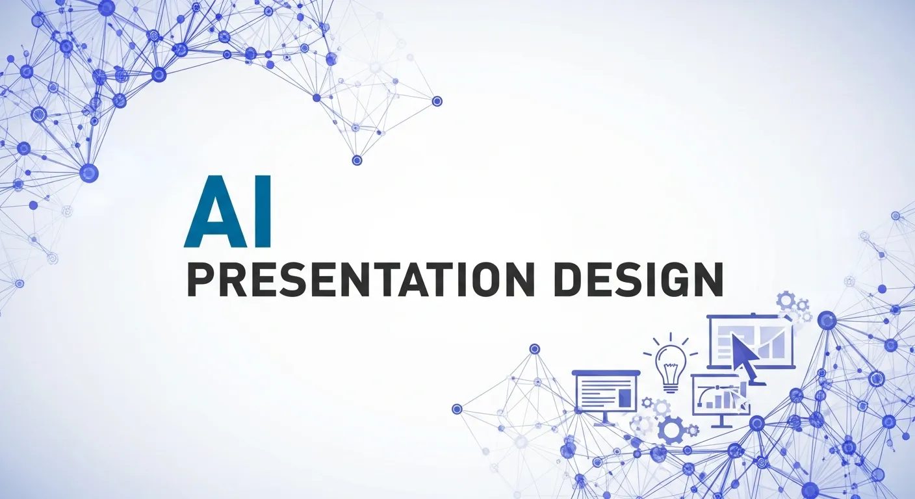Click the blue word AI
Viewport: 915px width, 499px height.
pyautogui.click(x=227, y=212)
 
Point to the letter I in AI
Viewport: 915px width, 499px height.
pyautogui.click(x=263, y=212)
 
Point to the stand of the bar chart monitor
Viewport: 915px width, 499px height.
pyautogui.click(x=721, y=422)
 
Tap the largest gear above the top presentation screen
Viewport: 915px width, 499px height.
pyautogui.click(x=786, y=301)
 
